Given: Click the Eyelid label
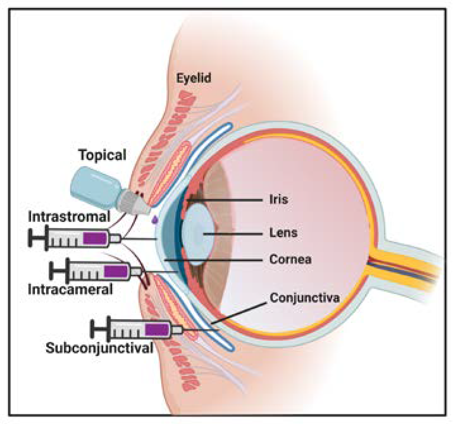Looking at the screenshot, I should click(x=194, y=78).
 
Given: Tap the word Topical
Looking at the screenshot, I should click(x=102, y=155).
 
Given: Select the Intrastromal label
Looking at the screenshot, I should click(x=69, y=217).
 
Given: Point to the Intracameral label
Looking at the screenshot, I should click(x=70, y=289).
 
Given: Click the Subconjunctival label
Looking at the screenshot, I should click(x=99, y=348).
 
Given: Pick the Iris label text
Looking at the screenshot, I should click(x=278, y=199).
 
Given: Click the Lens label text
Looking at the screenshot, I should click(x=283, y=233).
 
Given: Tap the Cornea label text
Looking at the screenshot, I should click(x=290, y=259).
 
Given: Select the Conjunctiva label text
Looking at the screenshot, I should click(x=304, y=298).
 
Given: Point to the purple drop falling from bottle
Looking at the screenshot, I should click(x=155, y=219).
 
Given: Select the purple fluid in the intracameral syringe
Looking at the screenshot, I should click(x=115, y=271).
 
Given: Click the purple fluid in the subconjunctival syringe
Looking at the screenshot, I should click(x=156, y=330).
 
